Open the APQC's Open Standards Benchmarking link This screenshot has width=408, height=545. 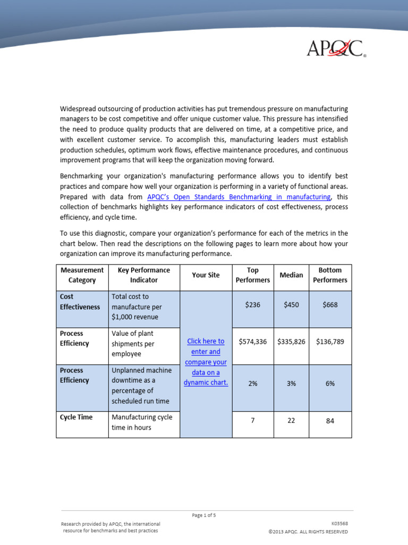tap(239, 196)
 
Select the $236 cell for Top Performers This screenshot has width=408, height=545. tap(253, 305)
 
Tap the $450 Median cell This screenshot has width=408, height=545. tap(291, 305)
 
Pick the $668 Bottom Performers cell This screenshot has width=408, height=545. tap(330, 305)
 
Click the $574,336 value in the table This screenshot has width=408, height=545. tap(253, 342)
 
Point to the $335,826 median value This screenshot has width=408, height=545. tap(291, 342)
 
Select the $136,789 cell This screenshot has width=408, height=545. tap(330, 342)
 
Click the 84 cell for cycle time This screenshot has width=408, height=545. tap(330, 421)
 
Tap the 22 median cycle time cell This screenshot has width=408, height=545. tap(291, 421)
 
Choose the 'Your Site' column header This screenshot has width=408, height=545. tap(206, 275)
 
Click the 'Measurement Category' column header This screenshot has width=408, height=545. tap(82, 275)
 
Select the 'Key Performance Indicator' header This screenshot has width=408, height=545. tap(144, 275)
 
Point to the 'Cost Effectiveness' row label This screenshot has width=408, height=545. tap(80, 302)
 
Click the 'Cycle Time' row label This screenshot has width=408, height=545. tap(76, 417)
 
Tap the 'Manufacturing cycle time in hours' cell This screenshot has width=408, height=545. tap(142, 423)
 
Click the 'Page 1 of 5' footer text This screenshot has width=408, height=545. tap(204, 515)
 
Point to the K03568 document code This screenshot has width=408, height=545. tap(339, 524)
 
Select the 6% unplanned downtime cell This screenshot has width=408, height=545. tap(330, 384)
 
